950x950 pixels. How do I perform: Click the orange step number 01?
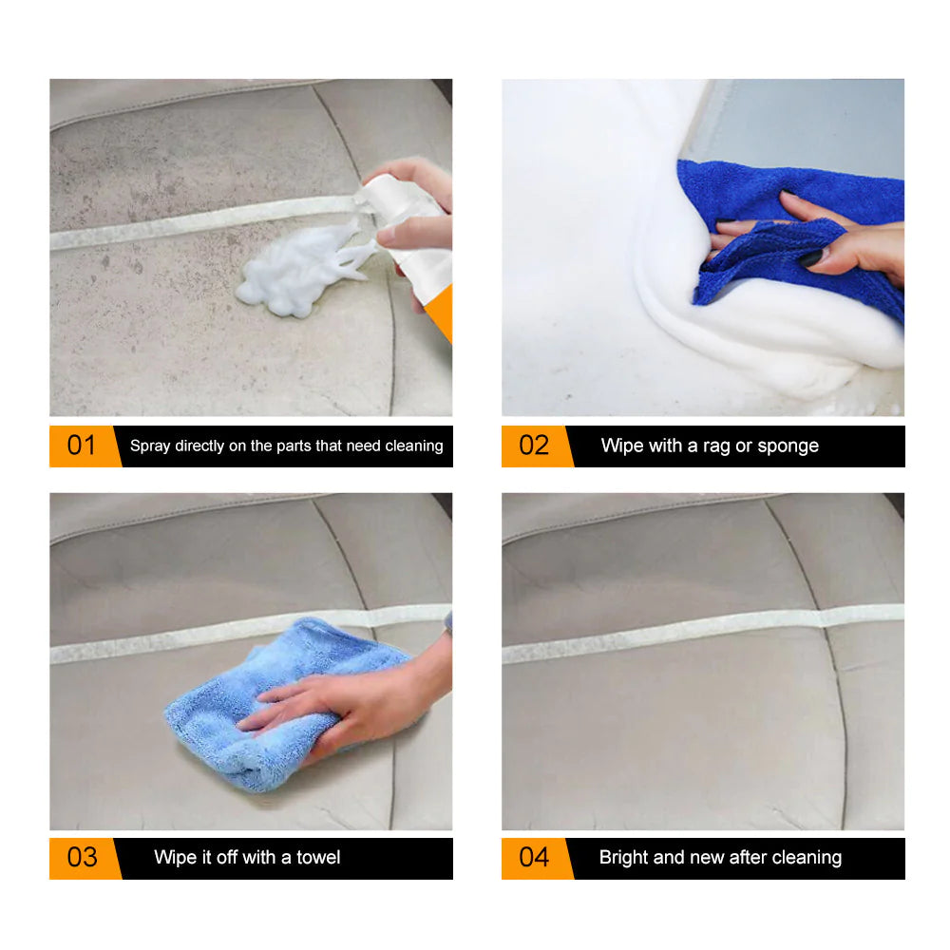(x=81, y=446)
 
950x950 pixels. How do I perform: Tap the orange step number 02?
(x=533, y=446)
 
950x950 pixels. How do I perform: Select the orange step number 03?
(x=82, y=857)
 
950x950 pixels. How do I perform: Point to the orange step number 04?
(x=533, y=857)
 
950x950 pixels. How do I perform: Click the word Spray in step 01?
(x=150, y=446)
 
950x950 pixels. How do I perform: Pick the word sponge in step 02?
(x=788, y=446)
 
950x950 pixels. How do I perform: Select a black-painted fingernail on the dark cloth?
(x=810, y=257)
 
